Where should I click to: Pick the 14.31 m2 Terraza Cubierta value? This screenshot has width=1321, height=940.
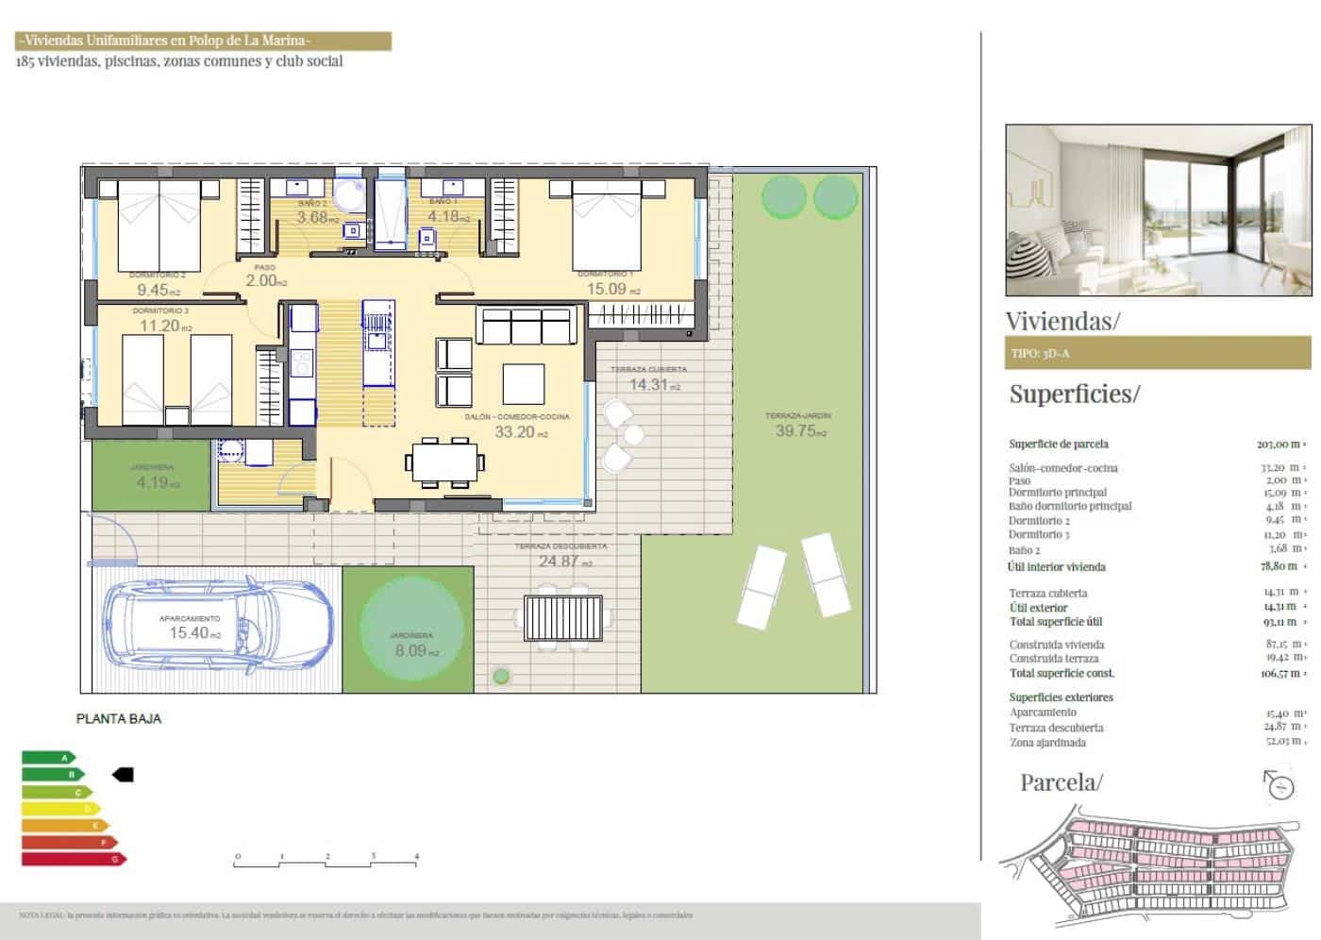coord(648,384)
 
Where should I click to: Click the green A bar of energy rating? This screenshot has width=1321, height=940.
coord(48,757)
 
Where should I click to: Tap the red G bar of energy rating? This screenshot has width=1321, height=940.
coord(73,859)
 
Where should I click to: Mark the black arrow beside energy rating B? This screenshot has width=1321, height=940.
coord(123,775)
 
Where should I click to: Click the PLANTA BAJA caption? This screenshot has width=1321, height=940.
coord(119,718)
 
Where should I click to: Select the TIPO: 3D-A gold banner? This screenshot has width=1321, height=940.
coord(1158,354)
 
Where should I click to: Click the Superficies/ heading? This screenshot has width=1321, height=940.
coord(1074,394)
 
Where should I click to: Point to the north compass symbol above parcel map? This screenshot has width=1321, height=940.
coord(1279,785)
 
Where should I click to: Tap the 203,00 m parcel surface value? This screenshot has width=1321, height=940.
coord(1278,444)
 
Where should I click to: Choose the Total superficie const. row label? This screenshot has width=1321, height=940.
coord(1062,673)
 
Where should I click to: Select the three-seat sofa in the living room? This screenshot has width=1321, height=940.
coord(526,326)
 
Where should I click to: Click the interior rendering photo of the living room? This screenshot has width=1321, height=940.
coord(1158,210)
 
